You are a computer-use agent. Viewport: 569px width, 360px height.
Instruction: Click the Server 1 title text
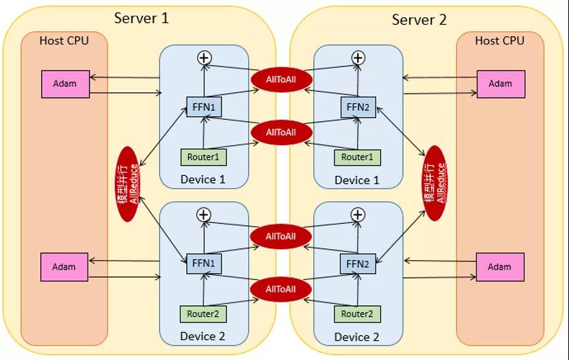142,18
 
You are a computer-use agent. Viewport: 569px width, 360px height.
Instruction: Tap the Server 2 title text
419,20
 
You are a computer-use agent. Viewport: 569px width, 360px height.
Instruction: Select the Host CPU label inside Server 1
64,40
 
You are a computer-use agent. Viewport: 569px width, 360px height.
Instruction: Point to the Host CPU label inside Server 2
500,40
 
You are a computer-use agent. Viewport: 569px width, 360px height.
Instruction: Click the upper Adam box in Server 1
64,84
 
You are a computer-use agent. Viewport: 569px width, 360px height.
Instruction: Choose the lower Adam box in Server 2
500,267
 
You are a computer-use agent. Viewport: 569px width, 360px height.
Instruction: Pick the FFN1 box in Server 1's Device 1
204,107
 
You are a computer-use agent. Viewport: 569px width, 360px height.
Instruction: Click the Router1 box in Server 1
203,157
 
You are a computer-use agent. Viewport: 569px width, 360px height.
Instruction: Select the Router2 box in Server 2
357,313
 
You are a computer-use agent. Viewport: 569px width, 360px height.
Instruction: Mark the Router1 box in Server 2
357,157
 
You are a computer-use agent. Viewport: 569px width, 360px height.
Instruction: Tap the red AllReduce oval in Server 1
129,183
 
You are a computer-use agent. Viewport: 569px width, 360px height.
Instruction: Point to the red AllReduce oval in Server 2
435,183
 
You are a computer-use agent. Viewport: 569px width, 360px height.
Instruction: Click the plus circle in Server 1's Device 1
204,58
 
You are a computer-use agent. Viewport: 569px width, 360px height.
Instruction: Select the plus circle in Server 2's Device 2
358,215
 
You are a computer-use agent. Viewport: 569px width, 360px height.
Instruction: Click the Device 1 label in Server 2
357,180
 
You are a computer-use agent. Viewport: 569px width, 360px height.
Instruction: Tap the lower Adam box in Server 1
64,266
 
